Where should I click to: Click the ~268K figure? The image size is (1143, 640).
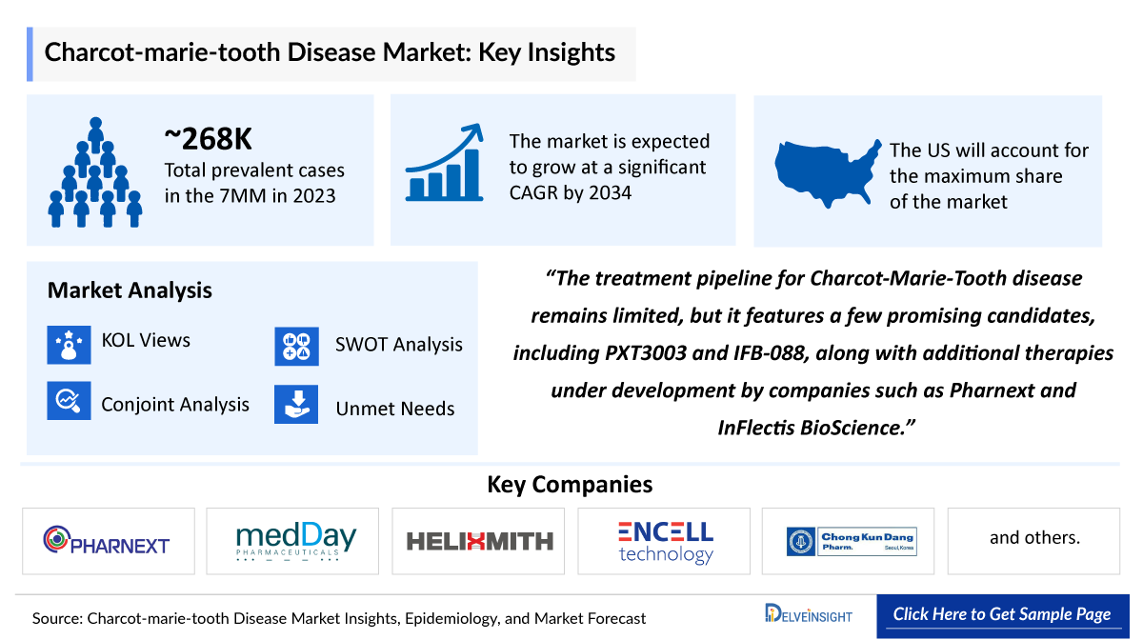coord(209,139)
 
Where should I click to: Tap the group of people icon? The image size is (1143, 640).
coord(95,172)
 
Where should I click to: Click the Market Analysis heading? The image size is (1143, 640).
coord(130,290)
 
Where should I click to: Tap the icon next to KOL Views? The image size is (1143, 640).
coord(69,343)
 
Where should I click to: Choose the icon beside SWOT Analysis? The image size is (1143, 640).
coord(296,346)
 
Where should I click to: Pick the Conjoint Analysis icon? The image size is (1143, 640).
coord(69,402)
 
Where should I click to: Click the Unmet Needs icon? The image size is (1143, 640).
coord(296,404)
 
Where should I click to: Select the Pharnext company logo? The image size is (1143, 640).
coord(107,541)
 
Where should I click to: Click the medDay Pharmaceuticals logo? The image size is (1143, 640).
coord(296,541)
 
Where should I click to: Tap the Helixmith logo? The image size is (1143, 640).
coord(479,541)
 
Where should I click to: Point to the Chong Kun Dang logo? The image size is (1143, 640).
coord(851,541)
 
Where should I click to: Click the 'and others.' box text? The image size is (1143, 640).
coord(1034,538)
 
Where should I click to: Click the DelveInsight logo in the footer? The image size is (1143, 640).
coord(809,615)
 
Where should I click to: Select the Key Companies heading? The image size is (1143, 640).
coord(570,484)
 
